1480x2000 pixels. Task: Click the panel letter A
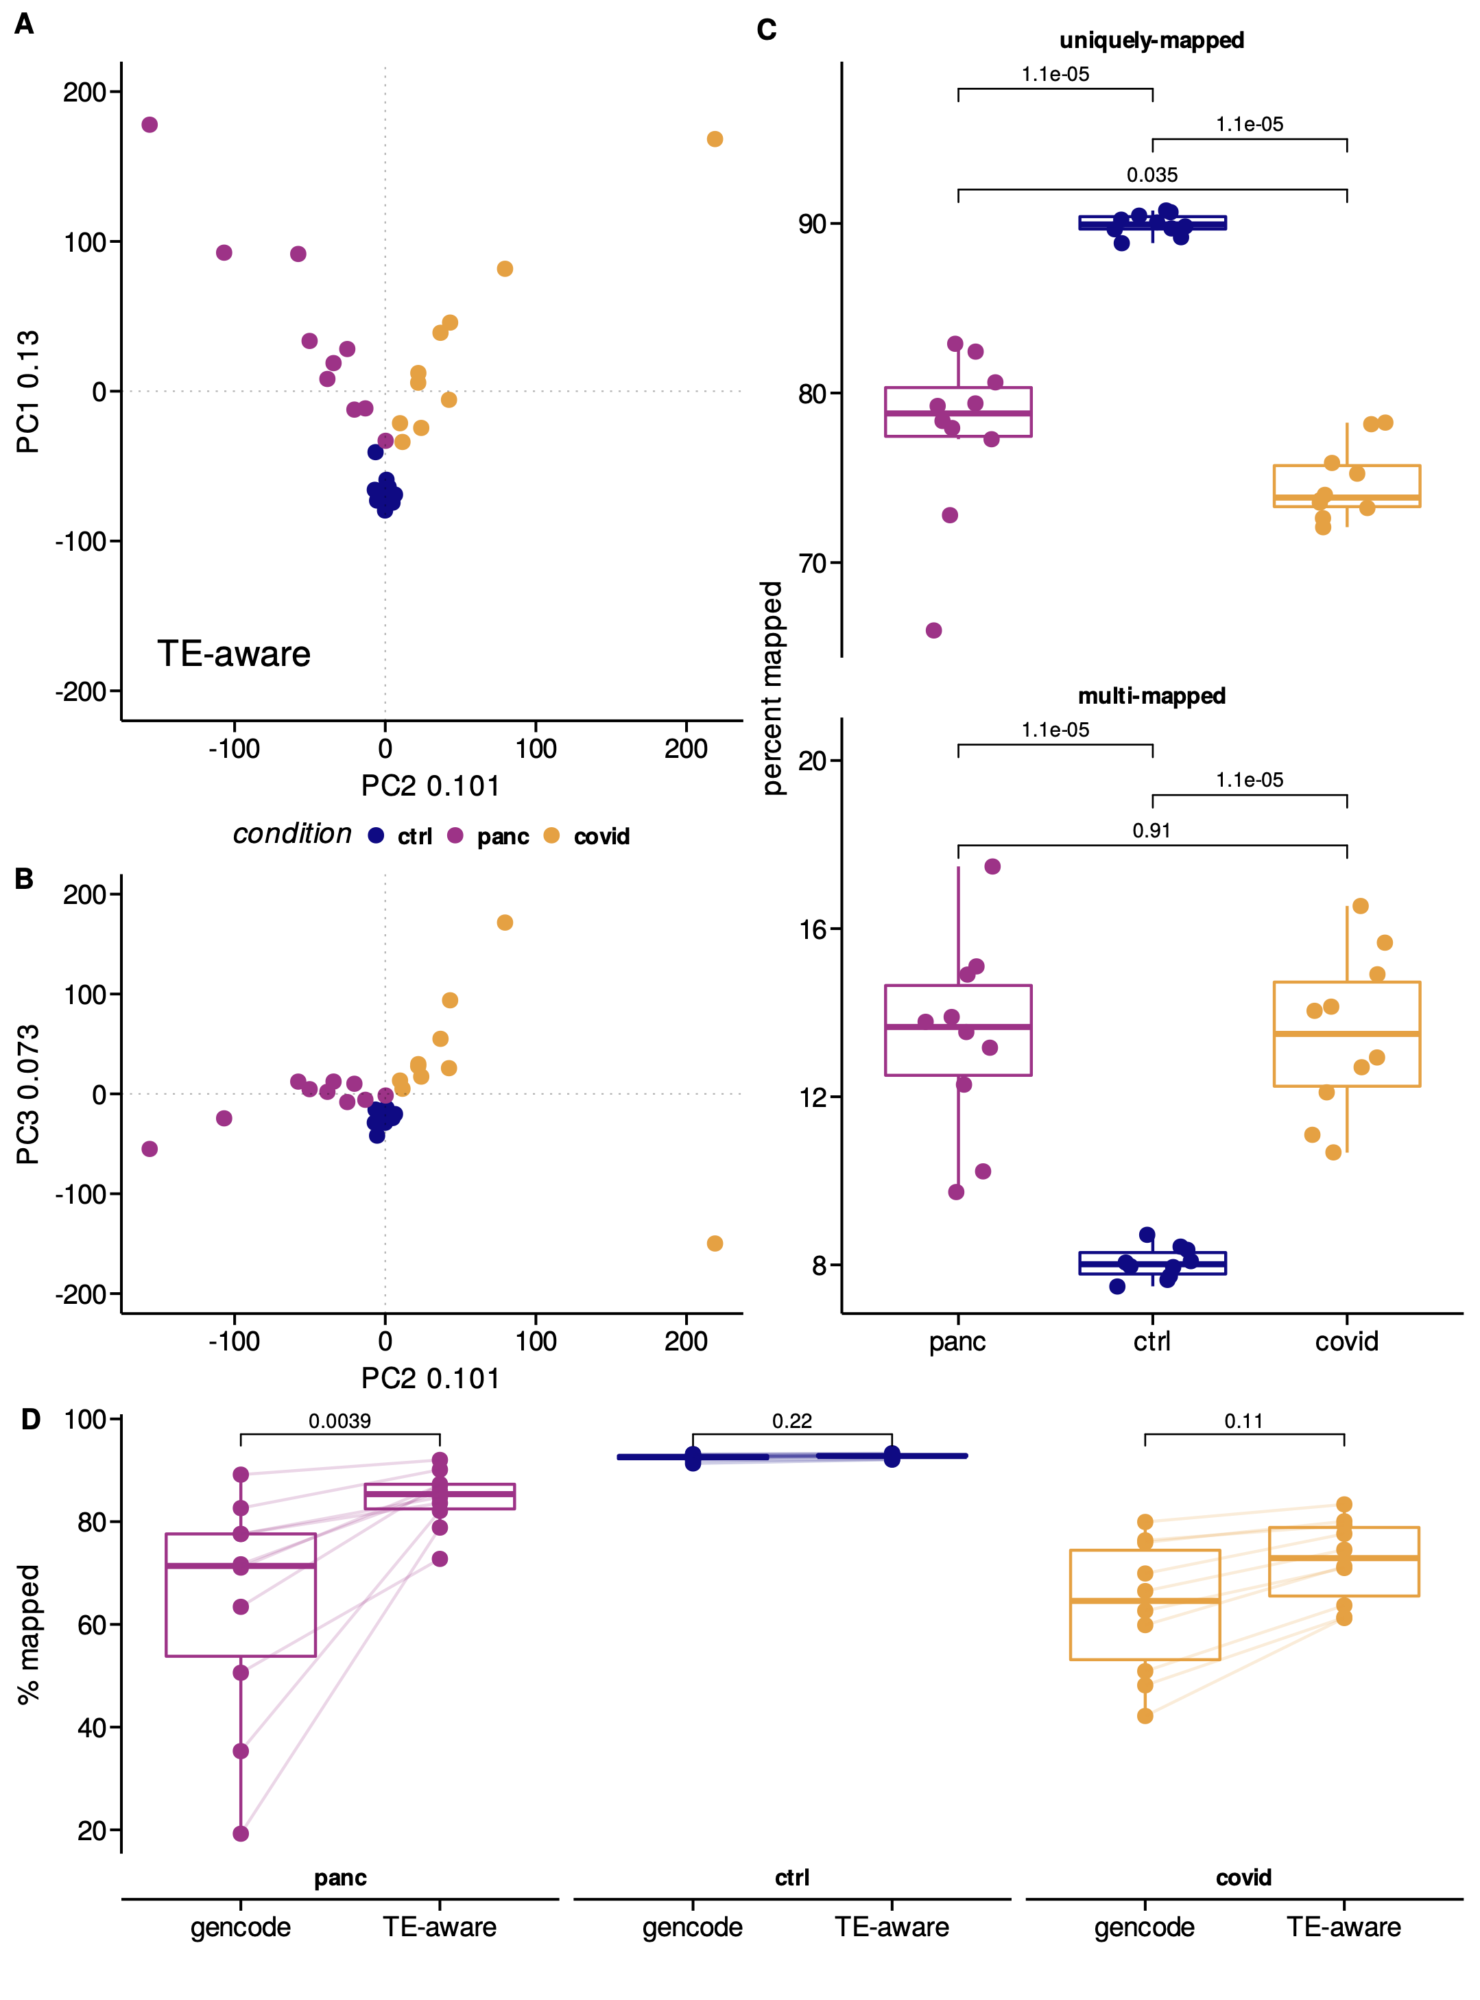[x=24, y=24]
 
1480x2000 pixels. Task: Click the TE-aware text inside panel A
[x=234, y=654]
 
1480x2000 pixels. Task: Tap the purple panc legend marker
[x=455, y=836]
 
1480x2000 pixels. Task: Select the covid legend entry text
[x=601, y=837]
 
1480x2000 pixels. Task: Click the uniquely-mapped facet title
[x=1151, y=40]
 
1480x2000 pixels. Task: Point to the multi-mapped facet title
[x=1151, y=696]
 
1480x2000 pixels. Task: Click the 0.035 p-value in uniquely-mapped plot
[x=1151, y=176]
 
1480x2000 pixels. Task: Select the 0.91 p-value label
[x=1151, y=831]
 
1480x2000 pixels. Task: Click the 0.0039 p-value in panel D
[x=339, y=1421]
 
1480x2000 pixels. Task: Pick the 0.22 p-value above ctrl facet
[x=792, y=1421]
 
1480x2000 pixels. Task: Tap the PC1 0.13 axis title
[x=29, y=392]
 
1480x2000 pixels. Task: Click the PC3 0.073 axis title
[x=29, y=1094]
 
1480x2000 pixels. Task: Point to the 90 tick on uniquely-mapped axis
[x=812, y=224]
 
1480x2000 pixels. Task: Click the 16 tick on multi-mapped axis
[x=812, y=929]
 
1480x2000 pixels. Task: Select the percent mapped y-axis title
[x=772, y=688]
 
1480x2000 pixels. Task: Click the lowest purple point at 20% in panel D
[x=240, y=1833]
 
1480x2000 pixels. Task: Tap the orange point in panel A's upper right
[x=714, y=139]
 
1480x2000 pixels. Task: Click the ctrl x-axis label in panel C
[x=1151, y=1342]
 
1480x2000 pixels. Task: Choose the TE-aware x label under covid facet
[x=1343, y=1927]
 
